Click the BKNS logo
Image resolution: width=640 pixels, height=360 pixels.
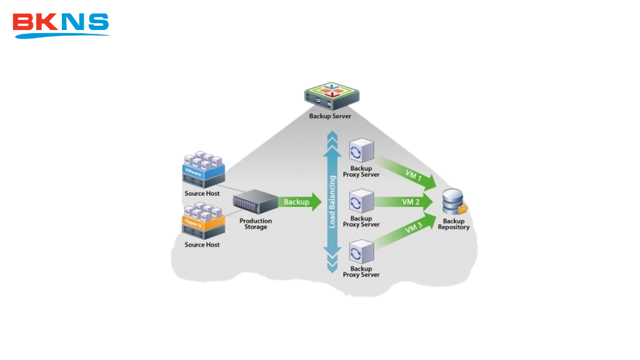(x=61, y=24)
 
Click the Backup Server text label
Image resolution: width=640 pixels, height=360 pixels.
(x=330, y=116)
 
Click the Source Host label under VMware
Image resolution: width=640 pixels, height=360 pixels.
(x=202, y=194)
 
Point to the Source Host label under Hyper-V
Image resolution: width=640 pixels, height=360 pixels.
(x=202, y=245)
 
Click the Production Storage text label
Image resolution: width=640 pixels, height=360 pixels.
(x=256, y=224)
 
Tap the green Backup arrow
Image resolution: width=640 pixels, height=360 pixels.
(x=299, y=202)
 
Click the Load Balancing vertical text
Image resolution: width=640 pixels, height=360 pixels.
(x=332, y=202)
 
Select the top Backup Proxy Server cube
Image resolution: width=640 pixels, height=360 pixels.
(x=361, y=151)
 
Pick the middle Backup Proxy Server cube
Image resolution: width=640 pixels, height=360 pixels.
(x=361, y=202)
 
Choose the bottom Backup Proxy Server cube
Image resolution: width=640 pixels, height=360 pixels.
(x=361, y=252)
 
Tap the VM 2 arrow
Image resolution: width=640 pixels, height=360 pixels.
(x=409, y=202)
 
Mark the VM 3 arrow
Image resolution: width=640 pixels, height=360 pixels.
(x=410, y=231)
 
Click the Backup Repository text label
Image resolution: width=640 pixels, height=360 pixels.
(x=454, y=224)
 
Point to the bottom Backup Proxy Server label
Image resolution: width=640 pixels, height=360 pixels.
(x=361, y=272)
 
